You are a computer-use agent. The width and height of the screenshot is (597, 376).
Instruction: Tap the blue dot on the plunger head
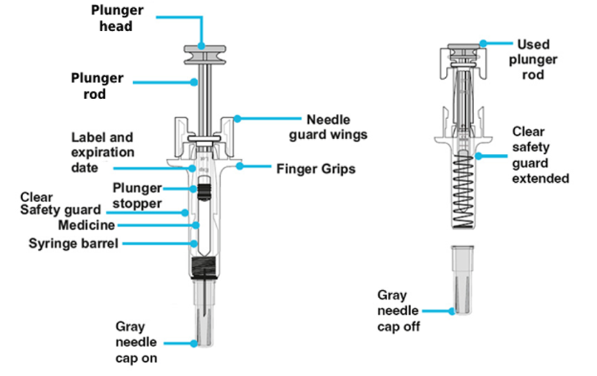202,46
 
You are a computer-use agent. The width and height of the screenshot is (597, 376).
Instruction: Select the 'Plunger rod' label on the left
96,86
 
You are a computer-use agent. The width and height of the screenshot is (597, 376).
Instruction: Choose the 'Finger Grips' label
316,169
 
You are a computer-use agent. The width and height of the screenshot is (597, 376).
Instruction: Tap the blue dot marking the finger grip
239,166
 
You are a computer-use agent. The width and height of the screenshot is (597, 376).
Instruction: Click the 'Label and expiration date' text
102,153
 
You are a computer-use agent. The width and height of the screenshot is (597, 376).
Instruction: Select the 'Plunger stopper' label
137,195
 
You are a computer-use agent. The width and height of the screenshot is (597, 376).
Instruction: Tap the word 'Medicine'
86,225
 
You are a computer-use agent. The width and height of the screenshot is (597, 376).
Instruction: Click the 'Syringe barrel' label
73,243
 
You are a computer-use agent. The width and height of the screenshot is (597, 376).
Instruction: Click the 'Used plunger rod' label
533,59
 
